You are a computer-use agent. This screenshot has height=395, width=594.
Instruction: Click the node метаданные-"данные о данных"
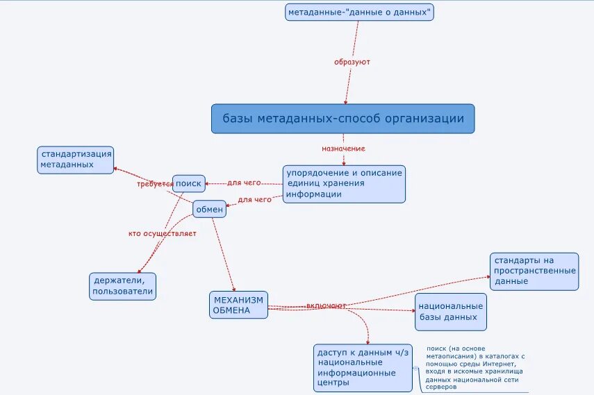coord(359,12)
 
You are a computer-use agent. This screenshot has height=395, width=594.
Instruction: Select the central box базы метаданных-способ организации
coord(343,119)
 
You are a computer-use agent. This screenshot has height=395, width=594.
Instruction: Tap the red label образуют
coord(352,62)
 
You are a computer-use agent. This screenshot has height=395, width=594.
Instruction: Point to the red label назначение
coord(343,149)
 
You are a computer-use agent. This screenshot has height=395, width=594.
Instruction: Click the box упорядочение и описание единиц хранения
coord(344,184)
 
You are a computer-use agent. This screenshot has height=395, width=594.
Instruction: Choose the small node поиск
coord(188,183)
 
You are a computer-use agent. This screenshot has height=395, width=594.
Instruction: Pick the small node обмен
coord(209,209)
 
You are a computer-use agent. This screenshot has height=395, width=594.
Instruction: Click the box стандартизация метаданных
coord(75,160)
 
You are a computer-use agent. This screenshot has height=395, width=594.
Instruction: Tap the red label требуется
coord(154,184)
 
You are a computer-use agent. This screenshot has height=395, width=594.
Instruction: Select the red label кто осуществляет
coord(163,233)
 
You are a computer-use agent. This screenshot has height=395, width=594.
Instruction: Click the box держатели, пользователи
coord(122,286)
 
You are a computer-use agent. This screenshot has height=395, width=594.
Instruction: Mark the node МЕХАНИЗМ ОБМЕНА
coord(238,305)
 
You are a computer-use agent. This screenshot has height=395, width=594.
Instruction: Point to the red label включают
coord(326,305)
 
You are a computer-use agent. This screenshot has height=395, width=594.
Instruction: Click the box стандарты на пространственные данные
coord(534,271)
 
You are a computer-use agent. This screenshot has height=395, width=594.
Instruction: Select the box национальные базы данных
coord(449,312)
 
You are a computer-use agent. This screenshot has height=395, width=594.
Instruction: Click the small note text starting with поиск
coord(475,367)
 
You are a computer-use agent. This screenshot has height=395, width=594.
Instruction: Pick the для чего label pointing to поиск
coord(244,183)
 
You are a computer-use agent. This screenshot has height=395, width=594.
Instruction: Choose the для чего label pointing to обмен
coord(254,200)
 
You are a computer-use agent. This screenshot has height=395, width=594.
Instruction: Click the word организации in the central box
coord(429,119)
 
